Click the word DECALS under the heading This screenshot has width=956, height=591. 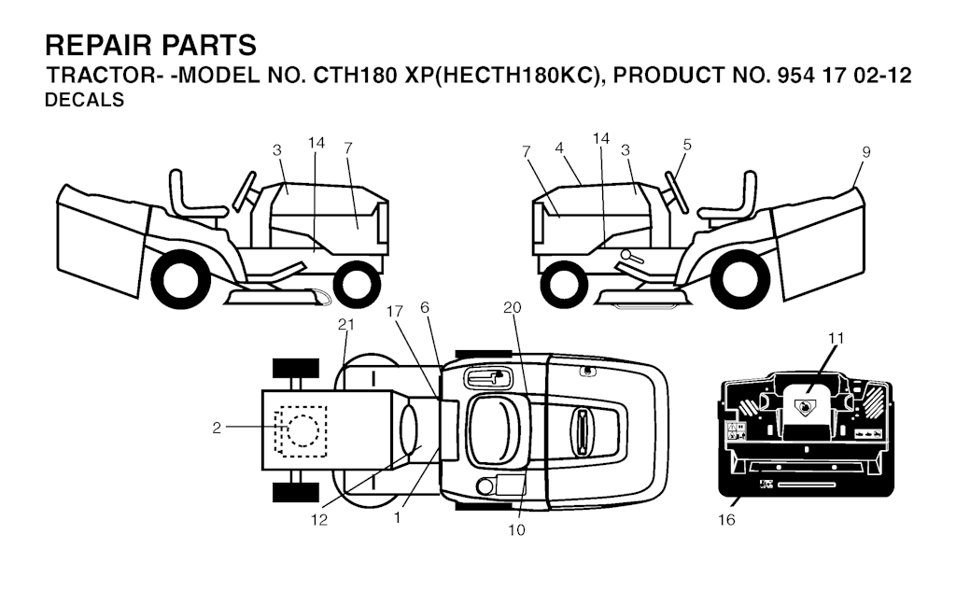[85, 100]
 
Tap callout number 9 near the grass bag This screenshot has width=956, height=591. [866, 152]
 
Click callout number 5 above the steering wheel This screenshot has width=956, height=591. [687, 145]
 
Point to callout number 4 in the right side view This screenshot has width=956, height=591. [559, 148]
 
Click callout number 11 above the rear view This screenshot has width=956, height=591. [836, 337]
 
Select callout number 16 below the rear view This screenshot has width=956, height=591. [726, 520]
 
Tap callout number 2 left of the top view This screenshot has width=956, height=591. [217, 429]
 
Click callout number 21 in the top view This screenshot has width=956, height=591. [345, 325]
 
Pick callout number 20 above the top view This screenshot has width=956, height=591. [513, 308]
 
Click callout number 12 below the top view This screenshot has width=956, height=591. [319, 520]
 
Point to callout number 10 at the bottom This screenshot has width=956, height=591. [516, 530]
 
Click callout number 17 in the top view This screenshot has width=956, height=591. [395, 312]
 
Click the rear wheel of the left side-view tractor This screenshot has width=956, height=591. [181, 281]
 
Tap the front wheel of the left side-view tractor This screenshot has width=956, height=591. [358, 284]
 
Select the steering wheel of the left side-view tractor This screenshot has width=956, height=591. [245, 191]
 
